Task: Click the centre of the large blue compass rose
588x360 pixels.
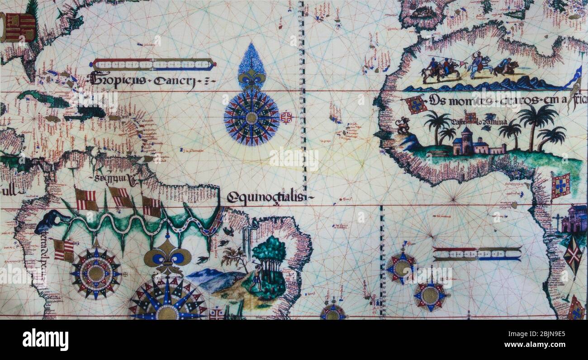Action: coord(251,118)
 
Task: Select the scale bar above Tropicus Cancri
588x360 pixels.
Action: coord(153,65)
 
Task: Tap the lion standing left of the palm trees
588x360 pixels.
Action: coord(402,125)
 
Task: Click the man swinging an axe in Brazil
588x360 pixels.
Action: coord(257,276)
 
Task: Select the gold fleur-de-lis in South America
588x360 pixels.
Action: coord(167,258)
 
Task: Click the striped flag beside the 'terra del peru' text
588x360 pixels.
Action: coord(63,250)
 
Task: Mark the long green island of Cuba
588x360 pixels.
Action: coord(43,99)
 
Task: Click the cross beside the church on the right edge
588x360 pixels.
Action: coord(557,222)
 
